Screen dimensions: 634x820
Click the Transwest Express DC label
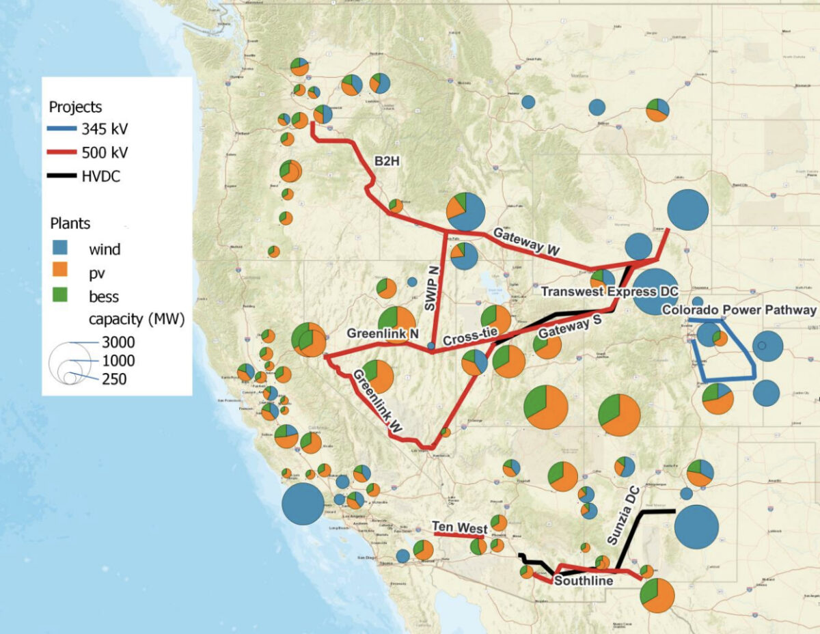(x=609, y=292)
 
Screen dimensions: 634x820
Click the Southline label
(x=582, y=581)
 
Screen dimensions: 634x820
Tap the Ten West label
(x=459, y=527)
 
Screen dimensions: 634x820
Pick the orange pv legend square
(x=61, y=273)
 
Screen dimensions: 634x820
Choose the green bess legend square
(x=61, y=297)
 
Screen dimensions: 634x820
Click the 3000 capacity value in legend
(x=118, y=342)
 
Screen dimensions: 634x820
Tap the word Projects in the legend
(x=75, y=107)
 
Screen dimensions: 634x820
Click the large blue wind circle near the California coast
(x=303, y=504)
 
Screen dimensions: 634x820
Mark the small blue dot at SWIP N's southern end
(x=430, y=346)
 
